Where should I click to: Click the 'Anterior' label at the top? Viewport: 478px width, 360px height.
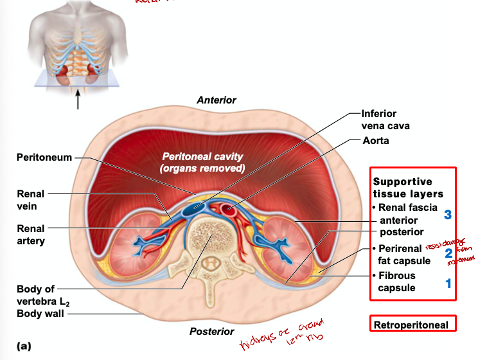[x=216, y=100]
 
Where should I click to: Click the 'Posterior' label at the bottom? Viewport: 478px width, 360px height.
[x=211, y=331]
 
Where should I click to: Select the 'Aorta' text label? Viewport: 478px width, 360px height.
[x=376, y=140]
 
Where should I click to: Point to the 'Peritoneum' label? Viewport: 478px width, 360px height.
[x=44, y=157]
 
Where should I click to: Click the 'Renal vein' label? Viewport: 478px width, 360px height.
[x=31, y=200]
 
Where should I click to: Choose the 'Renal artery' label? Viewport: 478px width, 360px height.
[x=31, y=235]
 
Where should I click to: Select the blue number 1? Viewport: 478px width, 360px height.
[x=448, y=283]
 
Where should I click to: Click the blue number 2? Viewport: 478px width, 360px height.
[x=448, y=253]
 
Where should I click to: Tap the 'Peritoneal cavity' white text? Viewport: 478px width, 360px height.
[x=202, y=162]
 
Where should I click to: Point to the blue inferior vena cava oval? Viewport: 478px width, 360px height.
[x=193, y=209]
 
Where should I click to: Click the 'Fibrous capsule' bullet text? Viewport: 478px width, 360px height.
[x=396, y=282]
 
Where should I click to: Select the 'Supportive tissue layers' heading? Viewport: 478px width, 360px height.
[x=408, y=188]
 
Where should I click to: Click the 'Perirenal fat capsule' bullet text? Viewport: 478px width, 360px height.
[x=404, y=255]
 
